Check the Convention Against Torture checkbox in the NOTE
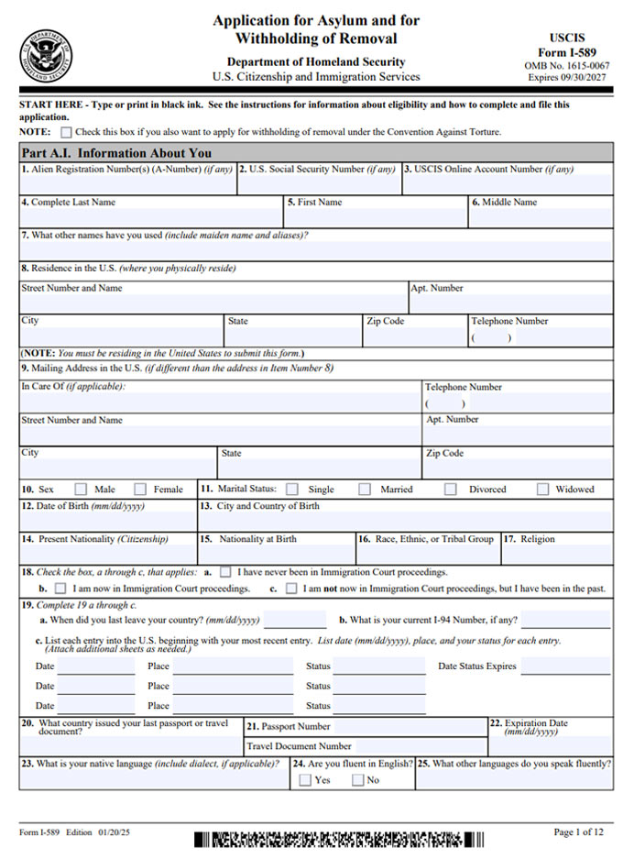66,132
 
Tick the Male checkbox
81,490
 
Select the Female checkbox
140,490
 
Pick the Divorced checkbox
451,490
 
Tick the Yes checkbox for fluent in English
304,780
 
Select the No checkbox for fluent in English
358,780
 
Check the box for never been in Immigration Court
225,571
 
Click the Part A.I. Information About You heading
116,153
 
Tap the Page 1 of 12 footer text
579,831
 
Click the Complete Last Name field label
70,202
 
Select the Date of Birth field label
82,506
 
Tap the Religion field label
540,539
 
